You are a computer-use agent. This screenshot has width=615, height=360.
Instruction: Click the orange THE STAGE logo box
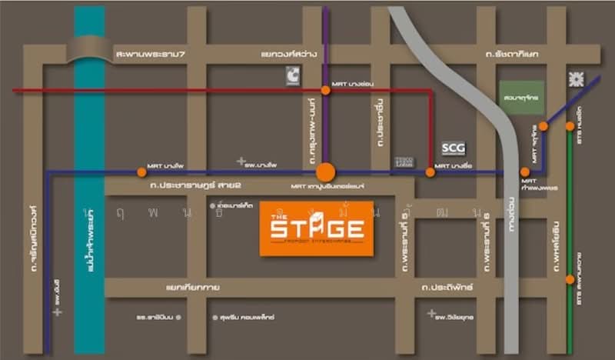pyautogui.click(x=316, y=228)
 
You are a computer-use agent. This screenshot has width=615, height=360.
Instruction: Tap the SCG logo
pyautogui.click(x=454, y=147)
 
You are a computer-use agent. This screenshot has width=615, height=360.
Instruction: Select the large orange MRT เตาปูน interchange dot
pyautogui.click(x=325, y=172)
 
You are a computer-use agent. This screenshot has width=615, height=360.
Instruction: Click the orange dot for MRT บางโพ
pyautogui.click(x=141, y=172)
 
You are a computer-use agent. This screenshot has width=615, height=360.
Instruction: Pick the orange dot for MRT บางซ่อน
pyautogui.click(x=326, y=90)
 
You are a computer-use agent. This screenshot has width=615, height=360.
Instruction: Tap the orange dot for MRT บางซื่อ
pyautogui.click(x=430, y=172)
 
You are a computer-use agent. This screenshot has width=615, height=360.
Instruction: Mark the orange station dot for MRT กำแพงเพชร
pyautogui.click(x=524, y=172)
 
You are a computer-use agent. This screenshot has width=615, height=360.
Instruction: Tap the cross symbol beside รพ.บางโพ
pyautogui.click(x=241, y=162)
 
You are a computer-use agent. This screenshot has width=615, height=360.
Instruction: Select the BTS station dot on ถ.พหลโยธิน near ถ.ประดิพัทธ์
pyautogui.click(x=570, y=280)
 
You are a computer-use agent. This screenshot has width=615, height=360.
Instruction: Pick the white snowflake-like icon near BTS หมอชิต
pyautogui.click(x=574, y=79)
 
